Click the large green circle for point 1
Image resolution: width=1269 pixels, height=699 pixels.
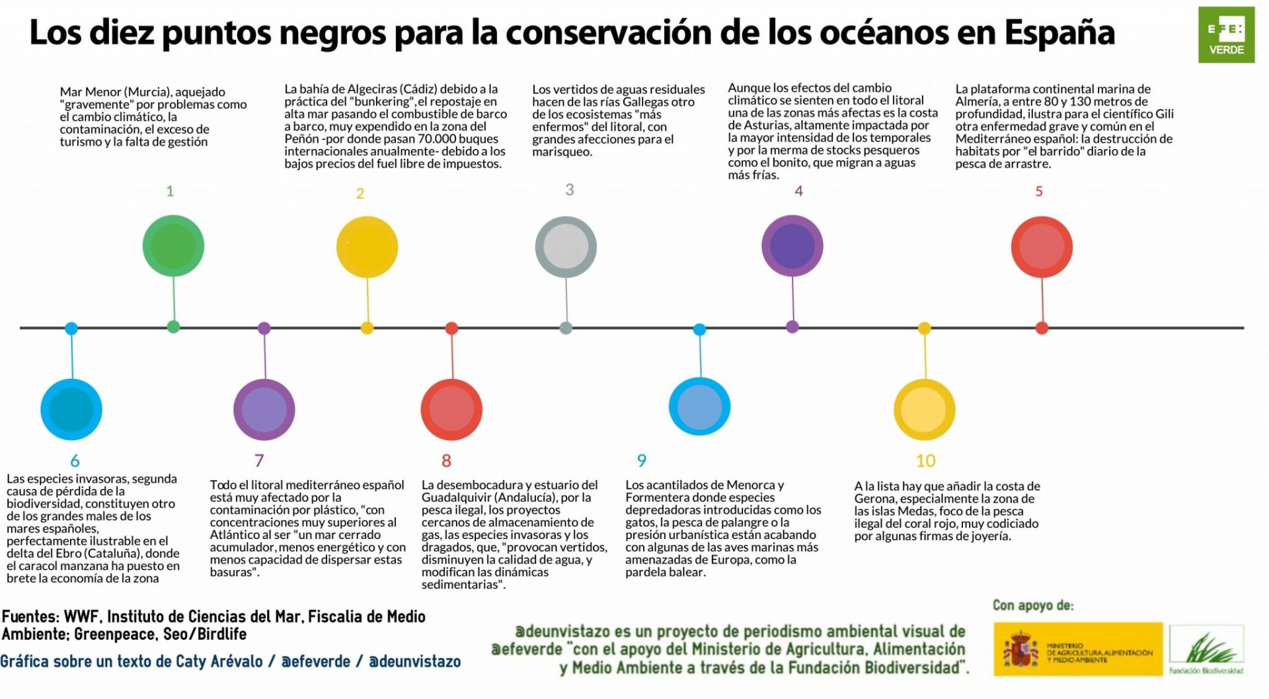pos(173,246)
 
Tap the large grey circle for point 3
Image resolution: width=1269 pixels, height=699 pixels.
pos(566,247)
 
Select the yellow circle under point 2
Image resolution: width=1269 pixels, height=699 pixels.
pos(367,247)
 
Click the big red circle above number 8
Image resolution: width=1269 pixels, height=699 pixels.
pos(451,409)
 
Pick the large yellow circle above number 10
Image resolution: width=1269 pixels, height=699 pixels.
pos(924,409)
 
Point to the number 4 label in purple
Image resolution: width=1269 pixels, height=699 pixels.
pos(798,191)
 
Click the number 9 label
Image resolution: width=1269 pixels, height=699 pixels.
pos(641,460)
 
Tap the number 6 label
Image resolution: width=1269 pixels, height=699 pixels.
pos(75,460)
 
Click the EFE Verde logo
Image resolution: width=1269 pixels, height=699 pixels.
pos(1226,36)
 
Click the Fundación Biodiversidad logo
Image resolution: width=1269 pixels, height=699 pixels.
pos(1206,650)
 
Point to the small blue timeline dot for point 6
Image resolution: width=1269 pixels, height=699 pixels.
pos(71,328)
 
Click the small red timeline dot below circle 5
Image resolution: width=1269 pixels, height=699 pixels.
pos(1042,328)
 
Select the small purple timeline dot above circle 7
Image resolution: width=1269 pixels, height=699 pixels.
pos(264,328)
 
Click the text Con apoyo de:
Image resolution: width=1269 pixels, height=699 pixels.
pos(1032,605)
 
